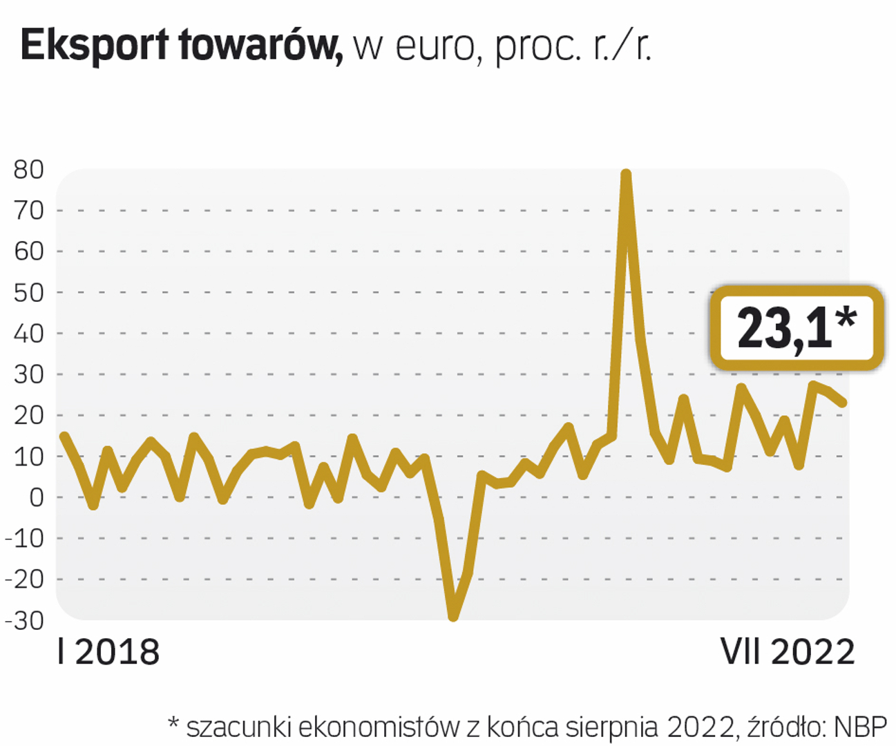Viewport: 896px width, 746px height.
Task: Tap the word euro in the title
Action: click(434, 47)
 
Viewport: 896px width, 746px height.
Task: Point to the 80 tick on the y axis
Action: click(28, 170)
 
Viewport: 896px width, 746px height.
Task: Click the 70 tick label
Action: click(28, 210)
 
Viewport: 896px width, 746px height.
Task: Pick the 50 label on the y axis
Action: click(28, 292)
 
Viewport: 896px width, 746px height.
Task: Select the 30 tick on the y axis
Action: click(28, 374)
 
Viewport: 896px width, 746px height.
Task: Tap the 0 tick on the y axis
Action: click(36, 497)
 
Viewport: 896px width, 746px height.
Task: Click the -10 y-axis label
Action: click(25, 538)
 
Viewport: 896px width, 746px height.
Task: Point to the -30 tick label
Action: click(25, 620)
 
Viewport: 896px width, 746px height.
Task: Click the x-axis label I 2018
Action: click(108, 652)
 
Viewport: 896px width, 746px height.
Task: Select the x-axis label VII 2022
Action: click(788, 652)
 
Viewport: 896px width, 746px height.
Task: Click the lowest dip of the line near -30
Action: click(453, 615)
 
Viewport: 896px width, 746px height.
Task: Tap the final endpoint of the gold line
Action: click(843, 403)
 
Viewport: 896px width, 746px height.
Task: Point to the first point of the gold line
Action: click(64, 436)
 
